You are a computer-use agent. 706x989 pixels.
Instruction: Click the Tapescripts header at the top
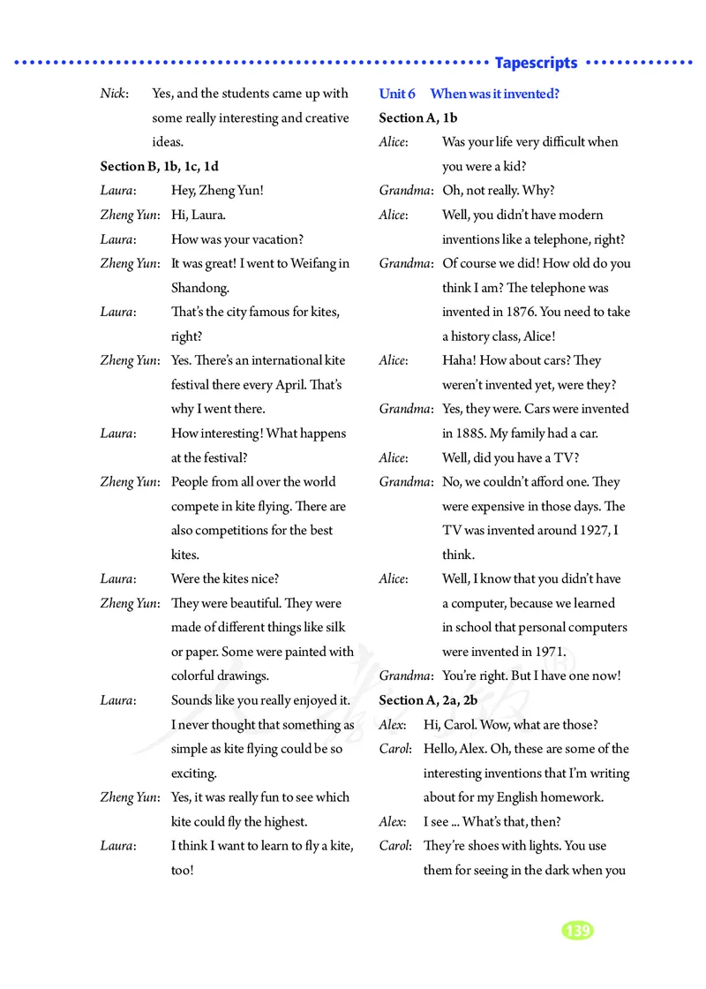(x=536, y=63)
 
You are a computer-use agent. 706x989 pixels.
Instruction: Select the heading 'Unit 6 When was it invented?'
(x=469, y=94)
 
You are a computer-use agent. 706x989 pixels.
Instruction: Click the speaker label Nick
(x=114, y=94)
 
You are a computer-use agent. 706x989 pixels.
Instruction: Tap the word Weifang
(x=310, y=263)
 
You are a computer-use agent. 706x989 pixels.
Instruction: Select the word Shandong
(x=199, y=288)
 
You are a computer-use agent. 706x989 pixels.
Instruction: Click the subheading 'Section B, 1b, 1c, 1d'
(x=160, y=166)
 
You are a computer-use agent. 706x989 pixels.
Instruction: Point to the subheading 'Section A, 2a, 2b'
(x=428, y=700)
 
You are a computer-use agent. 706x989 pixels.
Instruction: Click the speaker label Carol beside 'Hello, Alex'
(x=395, y=749)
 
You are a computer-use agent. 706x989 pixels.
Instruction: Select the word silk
(x=333, y=628)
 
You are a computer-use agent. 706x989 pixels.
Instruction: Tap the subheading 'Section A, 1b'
(x=417, y=117)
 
